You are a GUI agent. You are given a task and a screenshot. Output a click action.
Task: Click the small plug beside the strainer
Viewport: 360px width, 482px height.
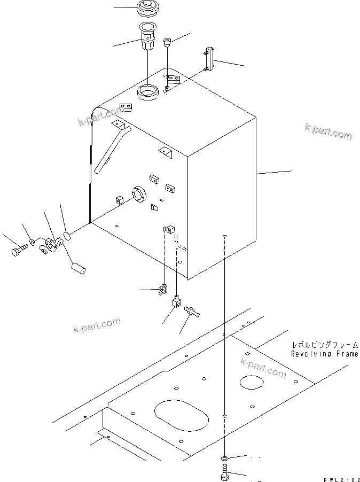tap(167, 43)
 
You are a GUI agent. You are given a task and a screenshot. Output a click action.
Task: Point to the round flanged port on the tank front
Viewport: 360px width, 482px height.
tap(137, 196)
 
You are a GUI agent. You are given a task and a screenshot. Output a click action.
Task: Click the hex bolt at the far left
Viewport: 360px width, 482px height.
tap(19, 250)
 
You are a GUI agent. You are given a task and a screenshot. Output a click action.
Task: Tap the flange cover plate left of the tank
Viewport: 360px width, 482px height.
tap(52, 246)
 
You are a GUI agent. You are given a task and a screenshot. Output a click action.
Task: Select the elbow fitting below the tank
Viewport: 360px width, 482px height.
tap(176, 304)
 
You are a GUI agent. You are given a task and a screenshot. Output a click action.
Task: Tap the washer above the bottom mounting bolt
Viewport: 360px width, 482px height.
tap(225, 458)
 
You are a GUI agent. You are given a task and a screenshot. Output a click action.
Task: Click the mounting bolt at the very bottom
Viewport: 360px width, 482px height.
tap(225, 472)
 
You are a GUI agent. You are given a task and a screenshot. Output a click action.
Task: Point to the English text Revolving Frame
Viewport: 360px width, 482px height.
tap(324, 354)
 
